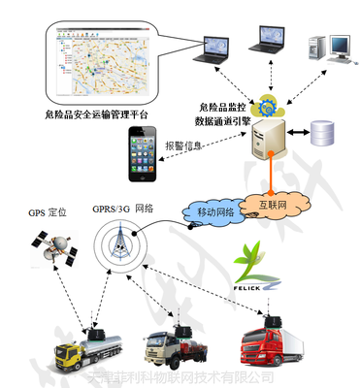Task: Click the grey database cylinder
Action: (x=320, y=132)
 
